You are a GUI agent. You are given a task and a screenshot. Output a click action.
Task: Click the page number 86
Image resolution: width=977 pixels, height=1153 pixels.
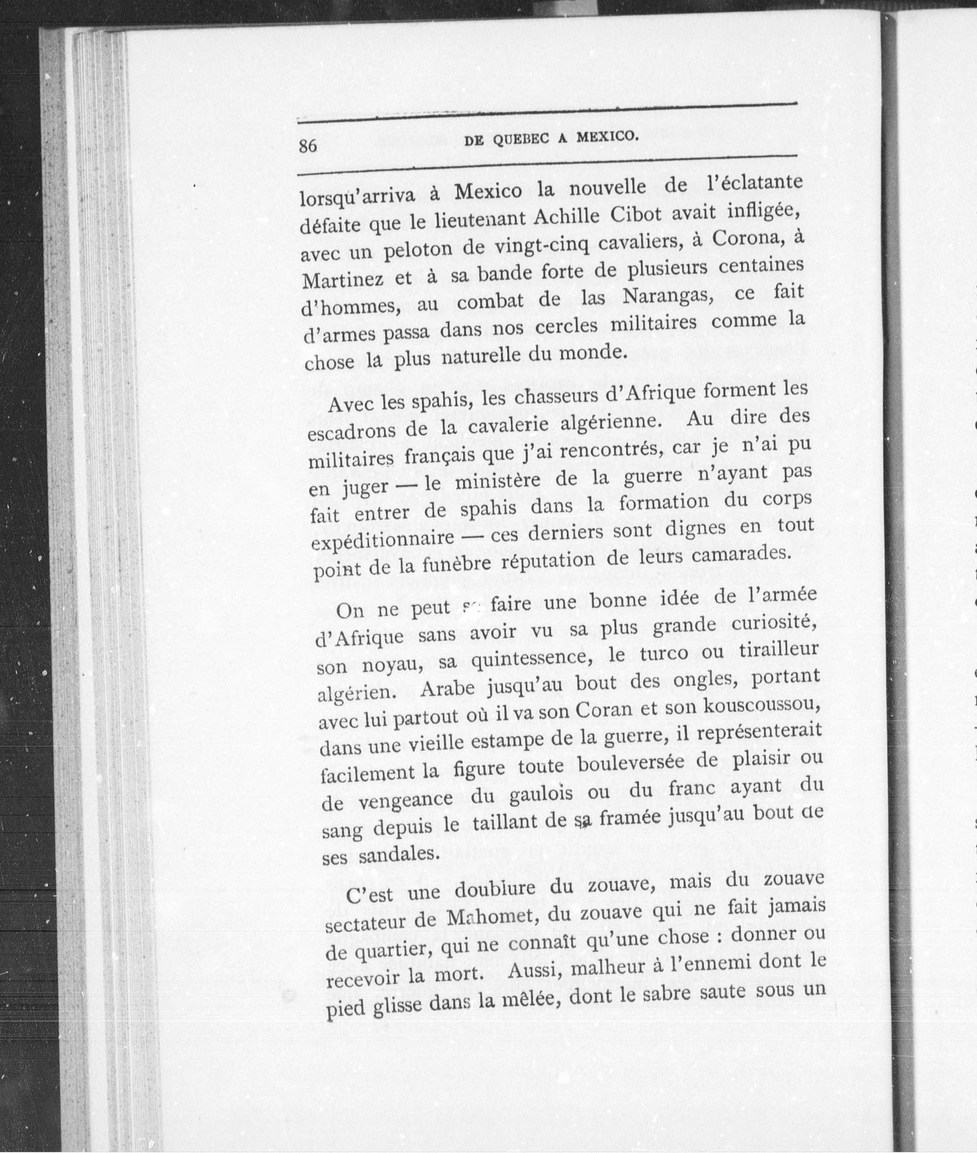308,146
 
